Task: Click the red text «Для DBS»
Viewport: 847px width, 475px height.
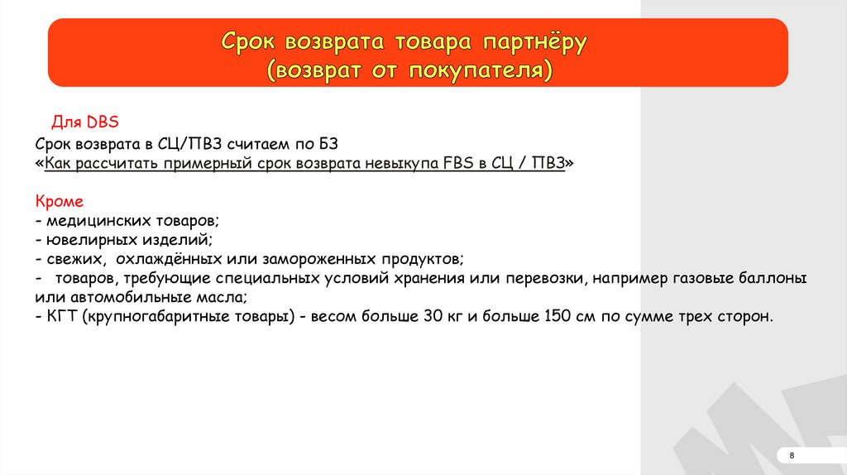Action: [85, 122]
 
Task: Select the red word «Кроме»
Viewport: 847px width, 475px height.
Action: [60, 202]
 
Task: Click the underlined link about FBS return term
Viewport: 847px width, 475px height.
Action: [304, 163]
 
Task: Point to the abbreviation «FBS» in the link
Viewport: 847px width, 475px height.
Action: [458, 163]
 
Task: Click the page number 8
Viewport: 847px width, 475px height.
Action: [792, 455]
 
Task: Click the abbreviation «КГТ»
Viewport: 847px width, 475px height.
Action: [62, 316]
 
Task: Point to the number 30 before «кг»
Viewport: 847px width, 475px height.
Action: [433, 316]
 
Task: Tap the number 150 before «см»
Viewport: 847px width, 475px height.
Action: [557, 316]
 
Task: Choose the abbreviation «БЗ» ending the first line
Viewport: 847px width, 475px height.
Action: [328, 144]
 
